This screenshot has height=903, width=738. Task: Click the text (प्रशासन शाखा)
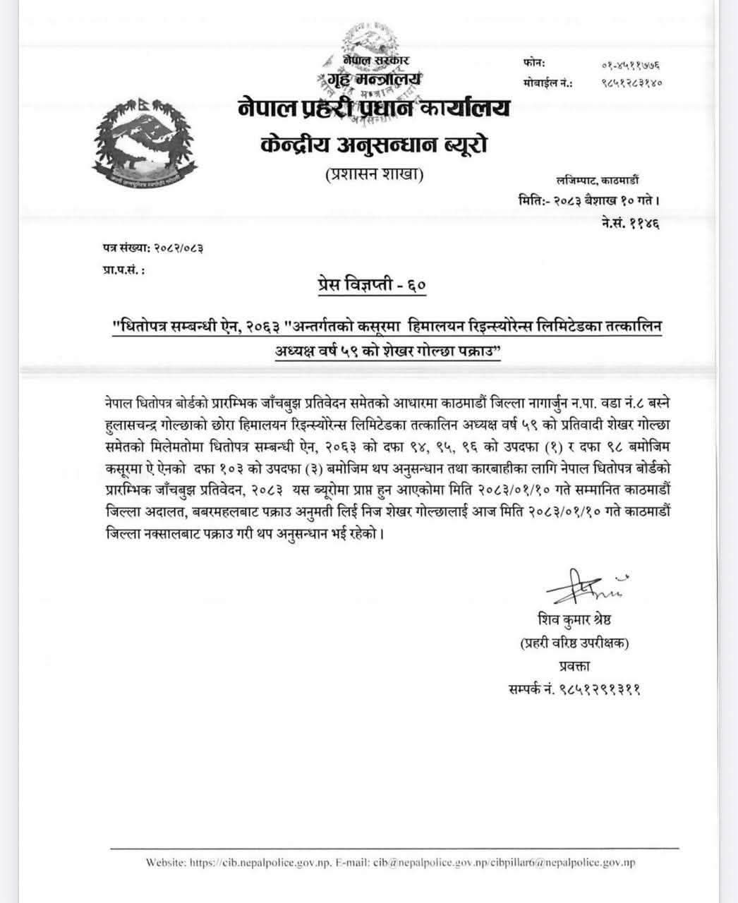[x=374, y=174]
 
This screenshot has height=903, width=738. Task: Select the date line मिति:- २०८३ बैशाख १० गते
[x=588, y=200]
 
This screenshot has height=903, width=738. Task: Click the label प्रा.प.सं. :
[x=123, y=269]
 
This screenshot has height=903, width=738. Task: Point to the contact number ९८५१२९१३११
[x=574, y=688]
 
